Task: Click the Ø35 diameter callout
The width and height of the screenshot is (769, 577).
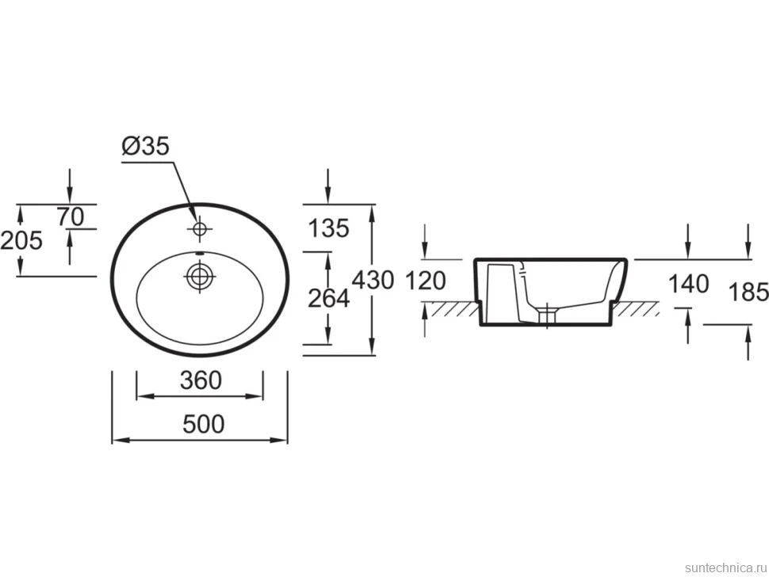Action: click(146, 146)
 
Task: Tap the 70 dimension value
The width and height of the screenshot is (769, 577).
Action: click(71, 216)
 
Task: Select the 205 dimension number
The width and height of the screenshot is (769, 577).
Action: click(21, 240)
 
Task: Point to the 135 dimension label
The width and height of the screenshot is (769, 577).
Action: click(328, 228)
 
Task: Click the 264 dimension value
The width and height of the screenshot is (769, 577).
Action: click(328, 298)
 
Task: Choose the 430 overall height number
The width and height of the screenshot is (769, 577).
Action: click(373, 280)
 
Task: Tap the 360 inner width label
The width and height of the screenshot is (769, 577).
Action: click(201, 380)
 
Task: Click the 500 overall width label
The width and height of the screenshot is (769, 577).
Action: click(204, 424)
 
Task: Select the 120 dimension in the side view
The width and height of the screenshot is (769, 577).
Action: click(426, 281)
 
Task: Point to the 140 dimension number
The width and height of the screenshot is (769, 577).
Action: click(689, 284)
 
